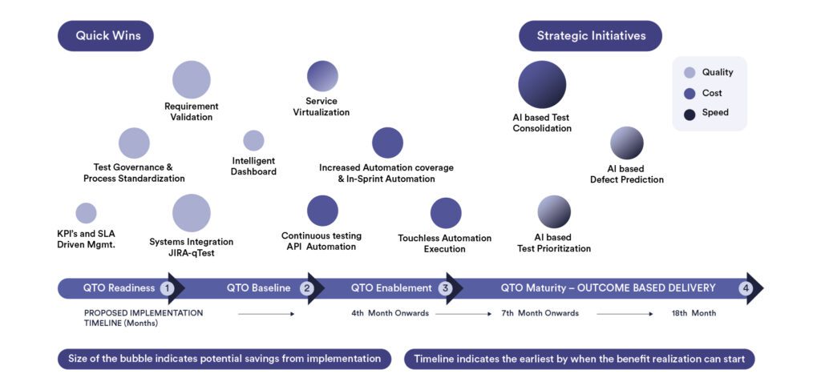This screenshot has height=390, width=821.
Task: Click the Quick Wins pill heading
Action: tap(106, 35)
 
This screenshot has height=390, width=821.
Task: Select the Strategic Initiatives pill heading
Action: tap(591, 35)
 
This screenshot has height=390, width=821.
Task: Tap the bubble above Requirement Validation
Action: tap(192, 79)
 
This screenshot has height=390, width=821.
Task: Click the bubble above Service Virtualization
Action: tap(322, 76)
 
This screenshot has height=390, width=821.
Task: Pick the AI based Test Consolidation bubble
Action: tap(542, 85)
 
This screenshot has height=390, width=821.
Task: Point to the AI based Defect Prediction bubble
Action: tap(627, 143)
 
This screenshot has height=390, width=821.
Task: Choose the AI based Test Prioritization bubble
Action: tap(554, 211)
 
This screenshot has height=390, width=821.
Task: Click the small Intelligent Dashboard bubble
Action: tap(253, 141)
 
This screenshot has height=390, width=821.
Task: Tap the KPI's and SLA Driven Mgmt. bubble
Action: tap(86, 213)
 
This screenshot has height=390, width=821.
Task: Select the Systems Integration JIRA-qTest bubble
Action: tap(192, 213)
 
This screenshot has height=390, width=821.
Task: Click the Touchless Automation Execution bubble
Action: tap(446, 213)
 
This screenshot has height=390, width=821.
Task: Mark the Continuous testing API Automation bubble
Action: tap(322, 211)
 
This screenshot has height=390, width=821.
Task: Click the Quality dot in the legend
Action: tap(690, 73)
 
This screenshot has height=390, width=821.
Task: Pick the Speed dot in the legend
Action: tap(690, 115)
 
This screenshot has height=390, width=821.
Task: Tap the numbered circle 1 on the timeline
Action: tap(167, 288)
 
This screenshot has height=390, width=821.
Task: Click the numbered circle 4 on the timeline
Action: tap(745, 288)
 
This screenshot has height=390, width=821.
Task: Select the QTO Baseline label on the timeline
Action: tap(259, 288)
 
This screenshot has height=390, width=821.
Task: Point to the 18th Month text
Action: tap(694, 313)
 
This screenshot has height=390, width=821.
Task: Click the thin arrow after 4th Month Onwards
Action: tap(463, 314)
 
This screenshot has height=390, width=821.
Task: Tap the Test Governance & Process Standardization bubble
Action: tap(134, 143)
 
